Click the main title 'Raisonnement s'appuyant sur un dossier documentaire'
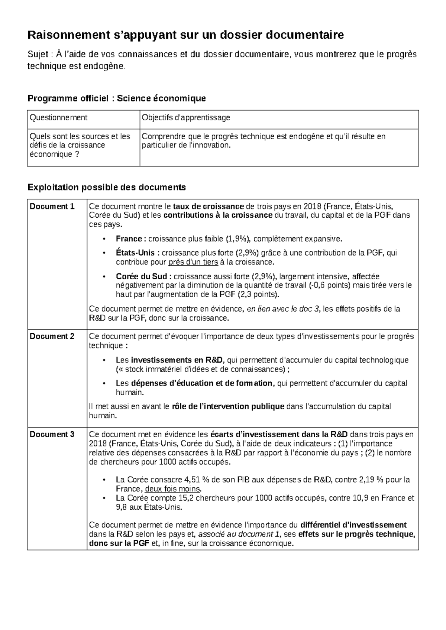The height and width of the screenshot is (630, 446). pos(186,35)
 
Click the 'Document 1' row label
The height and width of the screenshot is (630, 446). pos(52,207)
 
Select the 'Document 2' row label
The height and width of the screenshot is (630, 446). pos(52,337)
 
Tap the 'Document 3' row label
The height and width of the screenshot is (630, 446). pos(52,435)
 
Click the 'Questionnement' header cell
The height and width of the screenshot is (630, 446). pos(58,118)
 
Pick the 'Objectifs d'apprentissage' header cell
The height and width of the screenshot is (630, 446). pos(186,118)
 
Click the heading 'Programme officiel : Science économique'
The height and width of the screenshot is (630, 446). pos(117,98)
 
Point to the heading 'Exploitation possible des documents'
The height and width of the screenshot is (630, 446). pos(107,188)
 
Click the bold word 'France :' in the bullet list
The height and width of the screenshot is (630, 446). pos(131,239)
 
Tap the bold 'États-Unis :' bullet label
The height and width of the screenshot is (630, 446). pos(138,253)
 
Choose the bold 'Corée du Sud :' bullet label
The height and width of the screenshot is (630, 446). pos(143,277)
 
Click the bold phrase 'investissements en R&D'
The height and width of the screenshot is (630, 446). pos(177,360)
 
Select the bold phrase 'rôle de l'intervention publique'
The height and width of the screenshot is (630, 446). pos(228,407)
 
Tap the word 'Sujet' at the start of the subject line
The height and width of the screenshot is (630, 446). pos(38,55)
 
